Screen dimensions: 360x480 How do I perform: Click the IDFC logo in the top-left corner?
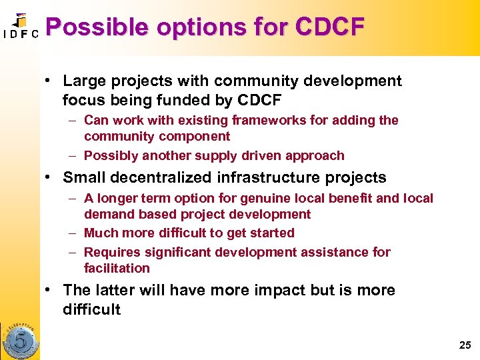20,27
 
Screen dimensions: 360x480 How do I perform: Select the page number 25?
465,345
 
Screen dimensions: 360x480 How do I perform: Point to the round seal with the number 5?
21,339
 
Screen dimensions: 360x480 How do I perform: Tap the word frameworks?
269,121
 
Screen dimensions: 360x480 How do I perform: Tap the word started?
272,233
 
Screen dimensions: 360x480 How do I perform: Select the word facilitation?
117,269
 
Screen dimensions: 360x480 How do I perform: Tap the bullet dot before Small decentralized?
51,178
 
